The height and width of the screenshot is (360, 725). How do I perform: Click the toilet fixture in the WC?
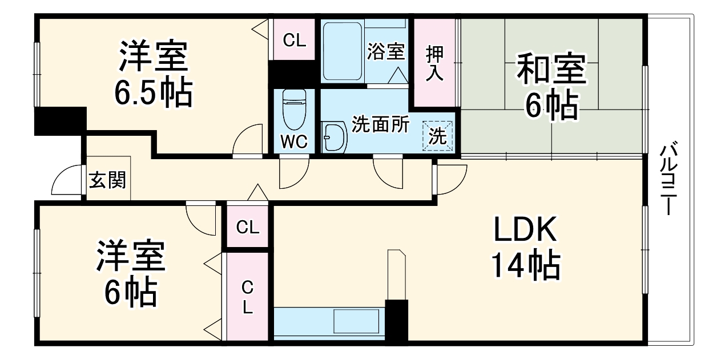point(294,110)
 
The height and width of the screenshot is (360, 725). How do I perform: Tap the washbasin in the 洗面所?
point(335,137)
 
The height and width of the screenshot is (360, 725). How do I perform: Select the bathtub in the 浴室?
point(342,51)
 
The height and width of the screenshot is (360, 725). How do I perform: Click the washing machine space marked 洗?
point(437,136)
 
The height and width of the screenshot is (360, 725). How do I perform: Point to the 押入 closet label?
point(434,63)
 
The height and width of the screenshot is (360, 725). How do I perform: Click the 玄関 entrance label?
point(107,180)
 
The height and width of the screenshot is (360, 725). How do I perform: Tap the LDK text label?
point(525,229)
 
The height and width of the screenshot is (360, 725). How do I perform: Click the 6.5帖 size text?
point(154,91)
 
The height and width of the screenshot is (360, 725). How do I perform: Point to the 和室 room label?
point(551,68)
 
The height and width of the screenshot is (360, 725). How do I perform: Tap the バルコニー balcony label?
point(668,178)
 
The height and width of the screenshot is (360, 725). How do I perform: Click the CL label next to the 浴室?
point(294,41)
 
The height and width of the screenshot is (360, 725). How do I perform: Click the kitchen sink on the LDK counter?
point(356,321)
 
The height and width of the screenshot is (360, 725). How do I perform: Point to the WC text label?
point(294,141)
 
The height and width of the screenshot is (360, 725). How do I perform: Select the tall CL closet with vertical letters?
point(248,296)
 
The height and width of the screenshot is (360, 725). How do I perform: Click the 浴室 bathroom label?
point(386,51)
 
